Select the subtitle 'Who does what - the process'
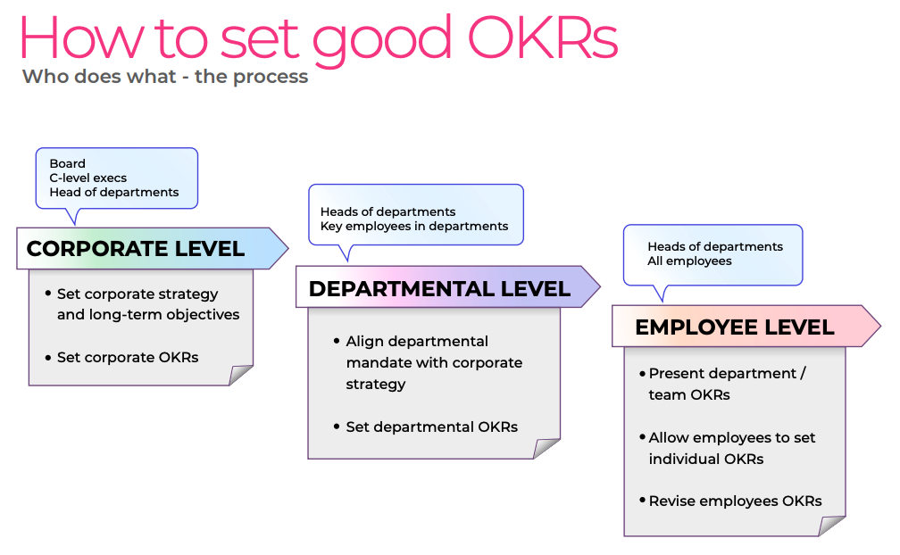point(165,77)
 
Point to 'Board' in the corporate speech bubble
point(68,163)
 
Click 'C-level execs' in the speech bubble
point(88,178)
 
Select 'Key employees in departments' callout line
point(414,226)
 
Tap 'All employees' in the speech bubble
point(689,261)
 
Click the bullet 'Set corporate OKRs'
point(128,357)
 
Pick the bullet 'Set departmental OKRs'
point(431,427)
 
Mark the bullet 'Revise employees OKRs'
point(735,501)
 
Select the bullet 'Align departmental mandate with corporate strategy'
point(433,362)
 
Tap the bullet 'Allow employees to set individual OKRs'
point(731,448)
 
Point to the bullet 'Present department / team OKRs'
point(726,384)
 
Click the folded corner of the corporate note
point(240,375)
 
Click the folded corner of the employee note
point(832,526)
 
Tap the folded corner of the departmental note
point(546,448)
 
